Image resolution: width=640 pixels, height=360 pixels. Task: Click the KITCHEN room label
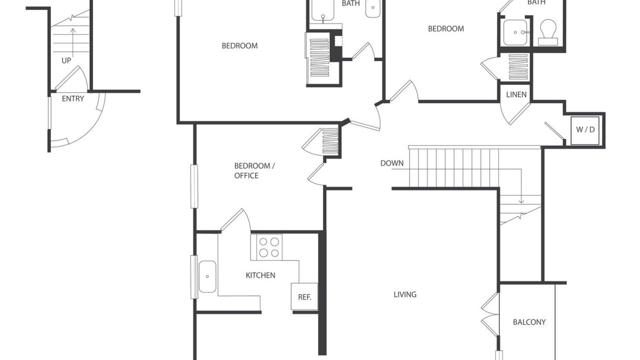[260, 275]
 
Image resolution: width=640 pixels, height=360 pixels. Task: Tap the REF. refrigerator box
[304, 296]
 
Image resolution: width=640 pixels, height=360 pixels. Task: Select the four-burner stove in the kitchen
[269, 247]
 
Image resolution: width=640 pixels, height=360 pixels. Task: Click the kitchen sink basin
[207, 276]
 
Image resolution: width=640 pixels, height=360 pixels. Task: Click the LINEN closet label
[516, 94]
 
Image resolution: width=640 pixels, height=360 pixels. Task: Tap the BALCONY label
[529, 322]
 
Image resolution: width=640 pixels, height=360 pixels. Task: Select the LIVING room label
[405, 294]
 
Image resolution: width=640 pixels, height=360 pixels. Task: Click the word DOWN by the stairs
[391, 163]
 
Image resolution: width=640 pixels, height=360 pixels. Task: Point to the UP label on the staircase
[66, 60]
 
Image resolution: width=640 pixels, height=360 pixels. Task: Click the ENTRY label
[73, 98]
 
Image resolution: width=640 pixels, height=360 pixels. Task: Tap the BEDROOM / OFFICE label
[254, 170]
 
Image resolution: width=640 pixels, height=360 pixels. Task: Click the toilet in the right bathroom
[548, 32]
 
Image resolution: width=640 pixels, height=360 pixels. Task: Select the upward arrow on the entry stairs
[73, 42]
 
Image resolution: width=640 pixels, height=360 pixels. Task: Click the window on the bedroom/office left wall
[194, 186]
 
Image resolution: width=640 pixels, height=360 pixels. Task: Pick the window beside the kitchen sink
[194, 277]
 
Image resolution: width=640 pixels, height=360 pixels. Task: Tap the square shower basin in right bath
[515, 32]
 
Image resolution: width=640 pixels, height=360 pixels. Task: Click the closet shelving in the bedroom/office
[330, 141]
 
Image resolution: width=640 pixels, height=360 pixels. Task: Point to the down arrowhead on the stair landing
[521, 201]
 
